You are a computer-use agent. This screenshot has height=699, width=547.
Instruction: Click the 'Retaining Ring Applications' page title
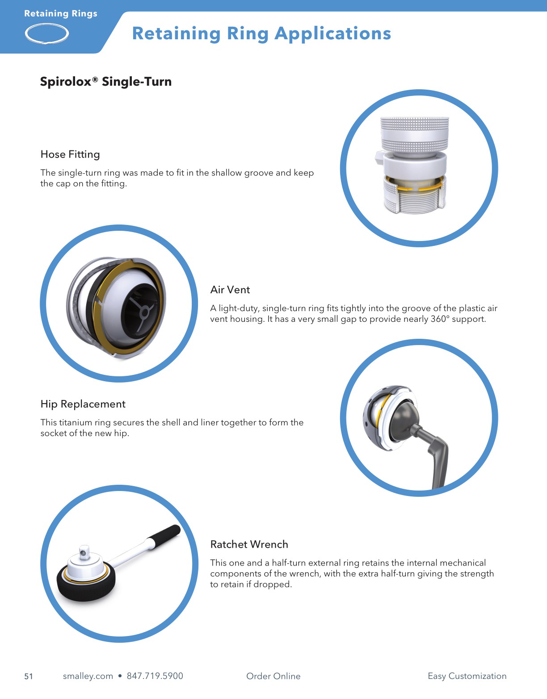point(261,33)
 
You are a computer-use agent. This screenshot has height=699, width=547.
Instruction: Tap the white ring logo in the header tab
point(47,33)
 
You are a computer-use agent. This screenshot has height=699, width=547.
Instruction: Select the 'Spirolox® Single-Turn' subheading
point(106,82)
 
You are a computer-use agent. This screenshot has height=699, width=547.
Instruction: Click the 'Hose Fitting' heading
point(70,154)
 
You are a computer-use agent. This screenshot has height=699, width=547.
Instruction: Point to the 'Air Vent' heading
point(230,290)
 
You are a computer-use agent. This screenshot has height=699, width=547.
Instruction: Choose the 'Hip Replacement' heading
point(83,404)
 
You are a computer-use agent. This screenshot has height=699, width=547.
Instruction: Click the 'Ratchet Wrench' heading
point(249,545)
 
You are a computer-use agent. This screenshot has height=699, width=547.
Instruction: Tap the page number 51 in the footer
point(29,676)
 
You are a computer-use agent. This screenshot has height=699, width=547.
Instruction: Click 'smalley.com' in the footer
point(88,676)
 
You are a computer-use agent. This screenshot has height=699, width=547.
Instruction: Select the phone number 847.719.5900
point(155,676)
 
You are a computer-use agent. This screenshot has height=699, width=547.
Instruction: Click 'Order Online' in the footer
point(273,676)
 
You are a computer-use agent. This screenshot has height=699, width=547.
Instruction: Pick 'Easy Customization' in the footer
point(467,676)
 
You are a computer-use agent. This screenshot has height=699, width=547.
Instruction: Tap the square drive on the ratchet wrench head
point(84,552)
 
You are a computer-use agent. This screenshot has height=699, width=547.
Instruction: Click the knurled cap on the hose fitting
point(414,134)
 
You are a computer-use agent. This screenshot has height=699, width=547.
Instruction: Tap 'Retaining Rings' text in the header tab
point(61,13)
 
